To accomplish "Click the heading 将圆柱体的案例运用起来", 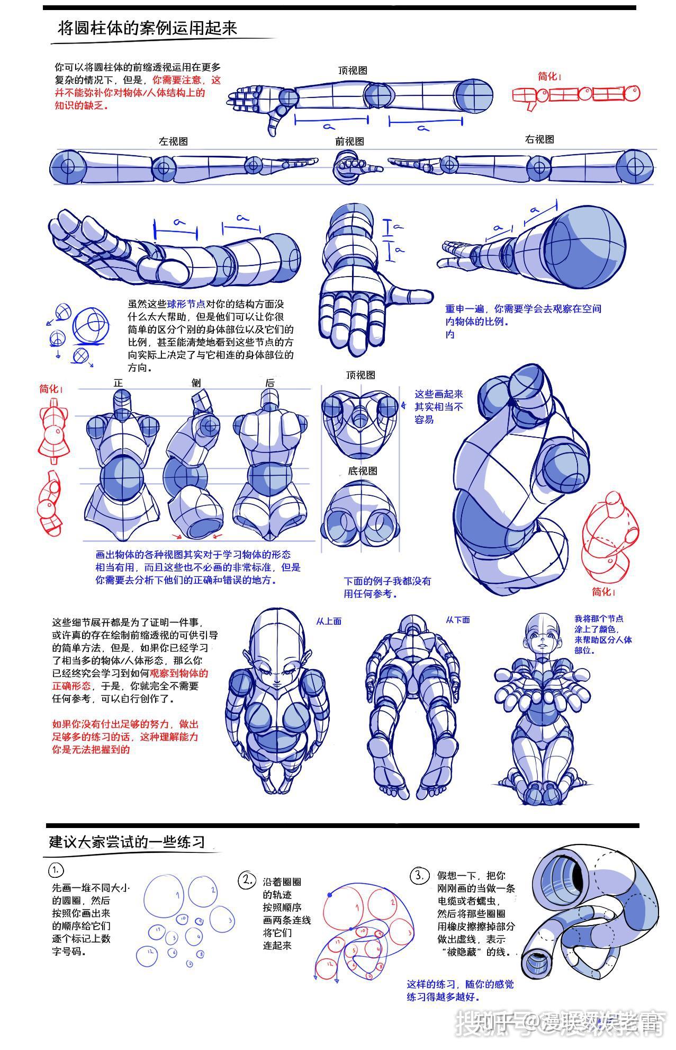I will click(147, 29).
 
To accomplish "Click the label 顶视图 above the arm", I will click(353, 70).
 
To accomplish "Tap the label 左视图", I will click(173, 141).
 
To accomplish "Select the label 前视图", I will click(349, 141).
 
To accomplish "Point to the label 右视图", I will click(539, 139).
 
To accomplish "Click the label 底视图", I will click(362, 471).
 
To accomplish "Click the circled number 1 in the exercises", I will click(56, 870).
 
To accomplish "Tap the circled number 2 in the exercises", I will click(247, 880).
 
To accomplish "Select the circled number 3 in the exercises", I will click(419, 876).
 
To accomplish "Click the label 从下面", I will click(457, 620).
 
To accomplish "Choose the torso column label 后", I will click(270, 382).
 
